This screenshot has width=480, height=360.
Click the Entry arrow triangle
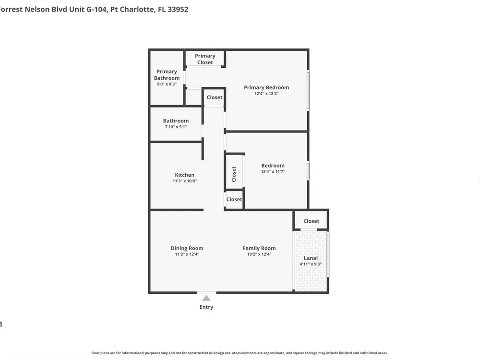(206, 298)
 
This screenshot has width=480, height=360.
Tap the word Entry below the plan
(206, 307)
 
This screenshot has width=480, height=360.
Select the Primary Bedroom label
(266, 87)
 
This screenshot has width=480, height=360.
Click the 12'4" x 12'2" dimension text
(266, 94)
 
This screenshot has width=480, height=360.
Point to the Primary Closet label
(205, 59)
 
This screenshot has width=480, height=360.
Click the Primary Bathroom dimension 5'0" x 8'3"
(167, 84)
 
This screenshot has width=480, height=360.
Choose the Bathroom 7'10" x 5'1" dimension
(176, 127)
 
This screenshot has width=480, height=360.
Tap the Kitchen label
(185, 175)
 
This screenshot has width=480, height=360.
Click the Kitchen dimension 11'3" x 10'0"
(185, 181)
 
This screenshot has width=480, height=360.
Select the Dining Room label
(187, 248)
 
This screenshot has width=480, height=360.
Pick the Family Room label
(259, 248)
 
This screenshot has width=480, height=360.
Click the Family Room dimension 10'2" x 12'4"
(259, 254)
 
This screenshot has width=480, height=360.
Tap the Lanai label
(311, 258)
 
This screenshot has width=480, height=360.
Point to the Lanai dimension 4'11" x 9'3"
(311, 264)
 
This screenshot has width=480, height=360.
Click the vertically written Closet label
(234, 174)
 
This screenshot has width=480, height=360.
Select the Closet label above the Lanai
(312, 221)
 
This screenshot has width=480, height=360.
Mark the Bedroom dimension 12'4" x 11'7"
(273, 172)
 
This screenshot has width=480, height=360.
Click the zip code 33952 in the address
(178, 9)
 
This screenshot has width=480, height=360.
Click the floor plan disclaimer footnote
(240, 353)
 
